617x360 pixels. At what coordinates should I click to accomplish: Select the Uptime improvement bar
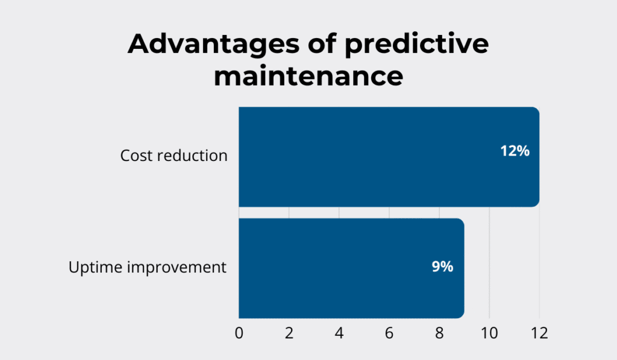337,268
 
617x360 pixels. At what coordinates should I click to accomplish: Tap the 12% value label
515,151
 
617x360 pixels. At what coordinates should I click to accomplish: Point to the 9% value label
442,267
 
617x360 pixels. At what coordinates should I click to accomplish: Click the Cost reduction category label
174,156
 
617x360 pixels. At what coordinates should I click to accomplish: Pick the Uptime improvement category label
147,267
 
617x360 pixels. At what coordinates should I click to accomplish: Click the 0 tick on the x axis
239,333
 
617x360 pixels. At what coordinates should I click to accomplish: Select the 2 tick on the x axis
289,333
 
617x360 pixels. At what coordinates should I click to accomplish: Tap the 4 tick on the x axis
339,333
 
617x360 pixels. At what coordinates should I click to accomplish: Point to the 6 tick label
389,333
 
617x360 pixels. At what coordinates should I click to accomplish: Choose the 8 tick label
439,333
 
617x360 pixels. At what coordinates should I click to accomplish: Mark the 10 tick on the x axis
489,333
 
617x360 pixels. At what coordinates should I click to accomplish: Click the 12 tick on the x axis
539,333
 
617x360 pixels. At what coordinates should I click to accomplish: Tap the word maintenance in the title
308,77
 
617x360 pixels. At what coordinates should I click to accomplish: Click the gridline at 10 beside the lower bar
489,268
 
